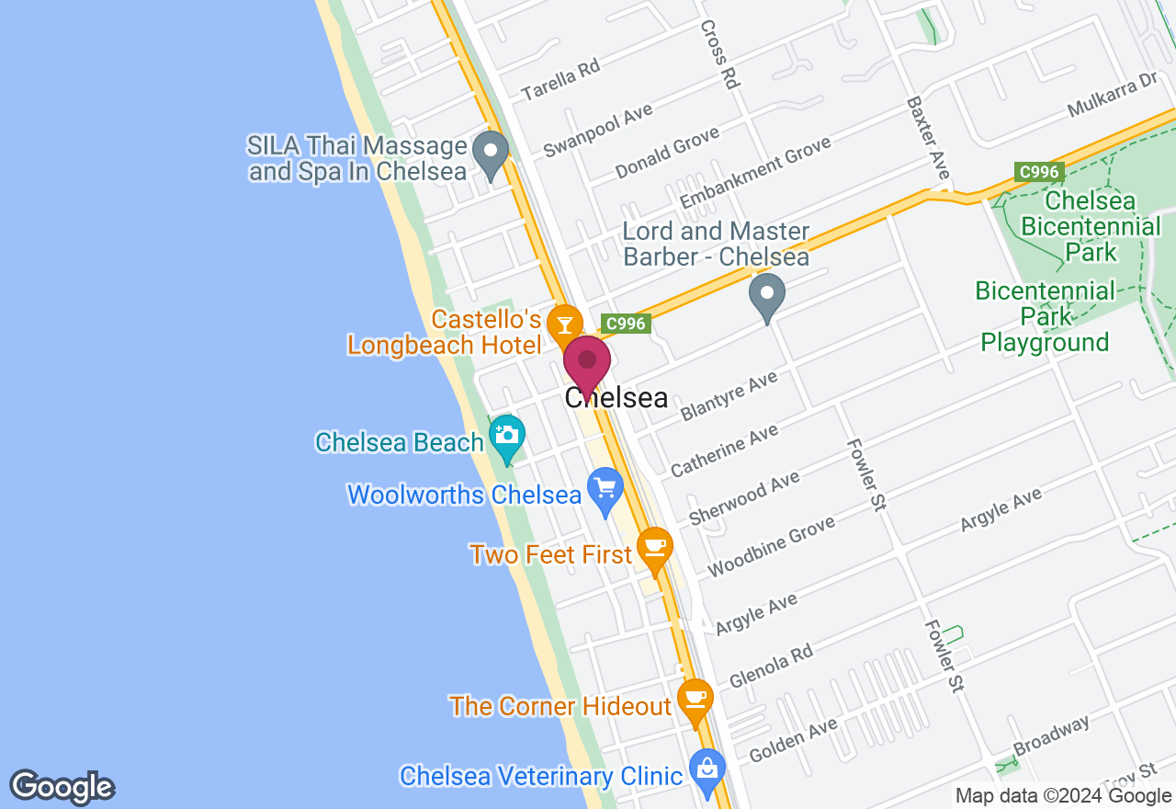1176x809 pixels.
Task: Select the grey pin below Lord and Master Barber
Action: coord(767,296)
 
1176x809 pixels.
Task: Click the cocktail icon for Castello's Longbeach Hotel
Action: coord(564,325)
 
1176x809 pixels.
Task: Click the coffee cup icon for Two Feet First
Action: coord(654,547)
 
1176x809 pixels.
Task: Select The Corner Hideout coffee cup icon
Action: coord(695,699)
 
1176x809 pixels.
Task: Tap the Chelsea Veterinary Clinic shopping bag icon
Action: coord(707,770)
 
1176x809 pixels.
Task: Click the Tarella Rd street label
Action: coord(560,79)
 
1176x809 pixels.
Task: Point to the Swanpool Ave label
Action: coord(597,130)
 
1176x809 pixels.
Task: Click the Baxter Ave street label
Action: coord(927,138)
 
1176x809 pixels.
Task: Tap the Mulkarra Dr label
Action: coord(1113,96)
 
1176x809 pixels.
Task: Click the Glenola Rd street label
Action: coord(771,666)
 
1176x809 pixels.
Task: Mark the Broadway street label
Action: coord(1051,735)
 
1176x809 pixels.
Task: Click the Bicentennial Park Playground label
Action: coord(1045,317)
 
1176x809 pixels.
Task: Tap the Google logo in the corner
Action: coord(62,787)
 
